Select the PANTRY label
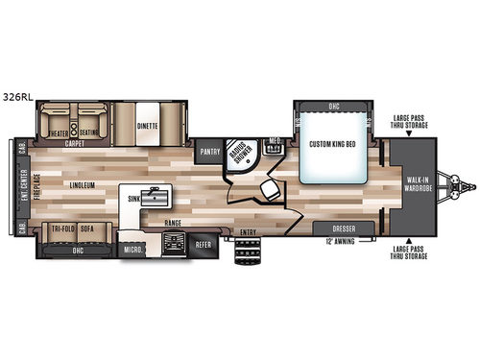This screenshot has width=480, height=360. [209, 151]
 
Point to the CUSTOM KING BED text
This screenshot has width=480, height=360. [334, 144]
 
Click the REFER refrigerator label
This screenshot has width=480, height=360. [203, 245]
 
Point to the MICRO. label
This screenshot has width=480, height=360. [132, 252]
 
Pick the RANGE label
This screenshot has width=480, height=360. [173, 223]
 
